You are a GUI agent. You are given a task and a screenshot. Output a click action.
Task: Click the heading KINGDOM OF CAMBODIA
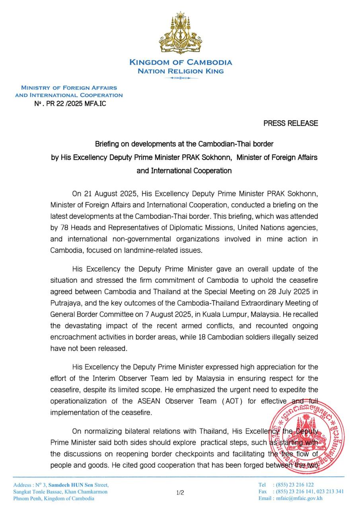[x=181, y=62]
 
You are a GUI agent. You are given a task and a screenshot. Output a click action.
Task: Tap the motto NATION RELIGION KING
[x=181, y=71]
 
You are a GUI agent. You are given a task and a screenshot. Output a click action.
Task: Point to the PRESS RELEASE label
[x=290, y=123]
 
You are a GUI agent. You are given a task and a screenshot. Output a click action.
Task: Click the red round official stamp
[x=306, y=436]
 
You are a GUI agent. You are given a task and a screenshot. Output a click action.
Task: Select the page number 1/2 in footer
[x=180, y=492]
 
